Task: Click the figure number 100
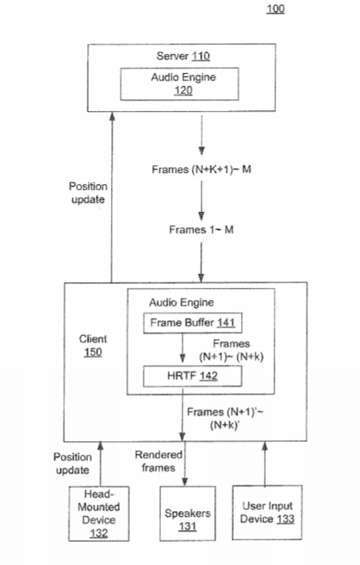(276, 9)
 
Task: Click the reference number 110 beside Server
(201, 56)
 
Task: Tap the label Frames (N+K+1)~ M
(201, 169)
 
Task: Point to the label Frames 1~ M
(201, 229)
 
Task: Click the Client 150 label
(93, 345)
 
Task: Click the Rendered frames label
(159, 461)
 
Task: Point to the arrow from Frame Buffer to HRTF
(182, 348)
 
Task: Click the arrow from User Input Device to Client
(265, 463)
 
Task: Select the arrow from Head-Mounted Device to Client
(101, 464)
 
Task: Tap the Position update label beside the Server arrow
(88, 193)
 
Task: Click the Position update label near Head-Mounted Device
(72, 463)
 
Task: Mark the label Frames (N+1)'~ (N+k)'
(225, 418)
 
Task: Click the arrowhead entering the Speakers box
(185, 482)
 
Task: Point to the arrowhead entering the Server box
(112, 116)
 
